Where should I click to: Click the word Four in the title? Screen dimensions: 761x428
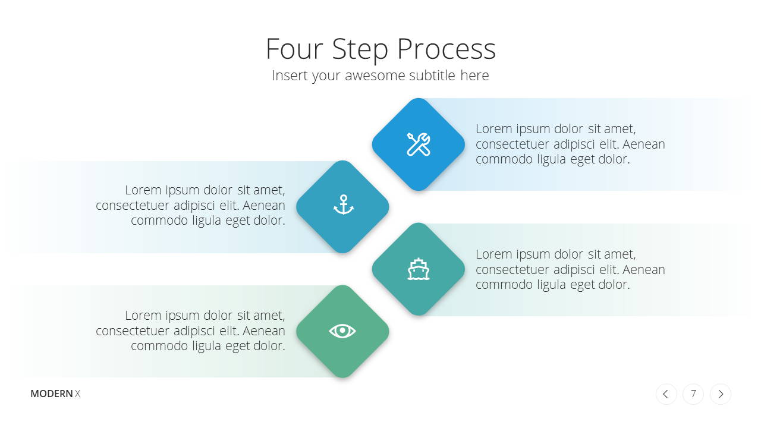click(x=294, y=49)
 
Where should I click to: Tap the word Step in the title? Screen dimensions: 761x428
click(x=360, y=51)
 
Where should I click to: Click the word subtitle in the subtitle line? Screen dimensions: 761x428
click(x=432, y=75)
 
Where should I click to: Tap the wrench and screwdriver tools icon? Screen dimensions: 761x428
click(x=419, y=144)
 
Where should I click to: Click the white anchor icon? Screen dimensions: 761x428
click(x=344, y=204)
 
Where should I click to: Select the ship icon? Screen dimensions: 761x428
click(x=419, y=269)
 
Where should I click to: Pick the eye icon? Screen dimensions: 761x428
click(x=342, y=331)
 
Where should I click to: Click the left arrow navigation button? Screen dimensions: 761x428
click(x=666, y=394)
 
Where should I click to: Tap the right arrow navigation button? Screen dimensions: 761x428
click(x=721, y=394)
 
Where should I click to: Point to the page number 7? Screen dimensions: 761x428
click(x=693, y=394)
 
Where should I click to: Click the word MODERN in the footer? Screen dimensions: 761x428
click(x=52, y=394)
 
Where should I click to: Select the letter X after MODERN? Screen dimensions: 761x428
click(x=78, y=394)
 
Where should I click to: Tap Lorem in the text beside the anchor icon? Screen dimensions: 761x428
click(x=143, y=190)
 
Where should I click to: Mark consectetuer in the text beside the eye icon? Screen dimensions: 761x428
click(x=133, y=331)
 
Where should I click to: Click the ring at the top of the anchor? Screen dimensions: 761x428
click(x=344, y=197)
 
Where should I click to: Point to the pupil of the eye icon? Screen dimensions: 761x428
click(x=342, y=330)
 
